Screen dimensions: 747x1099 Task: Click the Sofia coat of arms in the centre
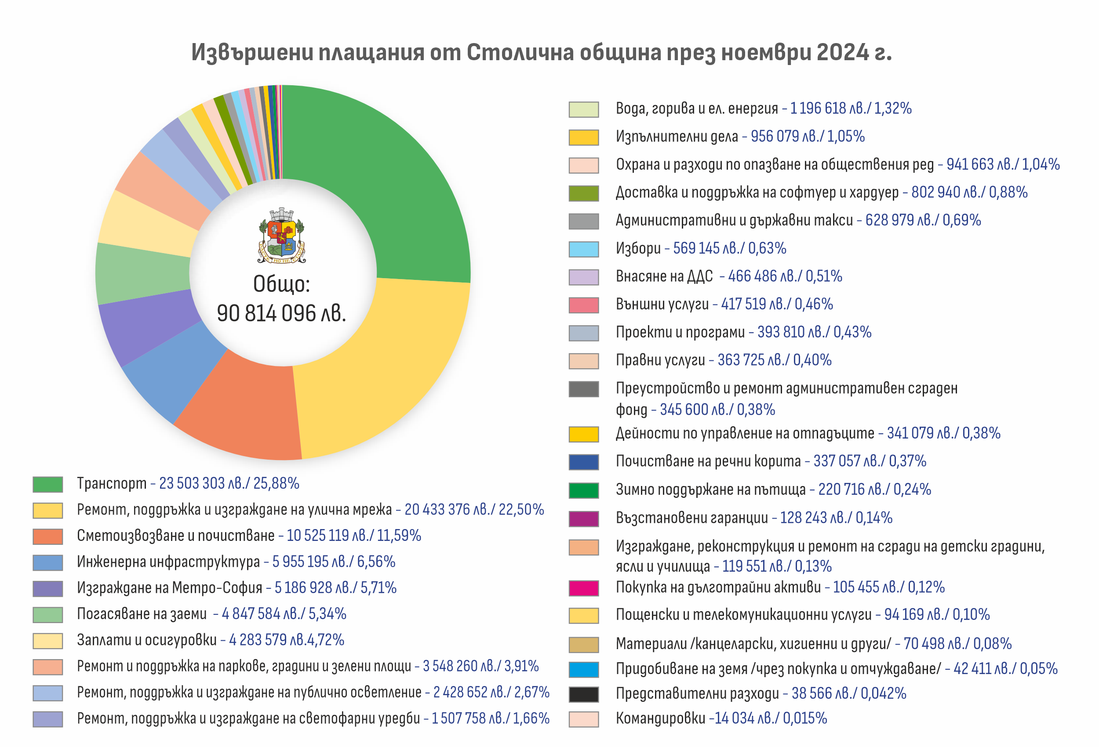point(282,236)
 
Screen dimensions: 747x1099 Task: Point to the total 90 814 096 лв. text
point(281,313)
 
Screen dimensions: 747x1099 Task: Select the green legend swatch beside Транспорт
point(48,484)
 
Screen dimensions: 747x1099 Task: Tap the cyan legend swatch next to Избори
point(583,249)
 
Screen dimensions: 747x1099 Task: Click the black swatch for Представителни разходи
point(583,694)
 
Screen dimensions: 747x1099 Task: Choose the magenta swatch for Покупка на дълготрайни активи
point(583,588)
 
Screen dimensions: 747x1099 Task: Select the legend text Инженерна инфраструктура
point(168,562)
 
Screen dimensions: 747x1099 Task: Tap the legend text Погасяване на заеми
point(142,614)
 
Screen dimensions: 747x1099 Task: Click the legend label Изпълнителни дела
point(676,137)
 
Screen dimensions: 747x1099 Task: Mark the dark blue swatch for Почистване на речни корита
point(583,462)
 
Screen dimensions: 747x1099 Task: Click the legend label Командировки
point(660,718)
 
